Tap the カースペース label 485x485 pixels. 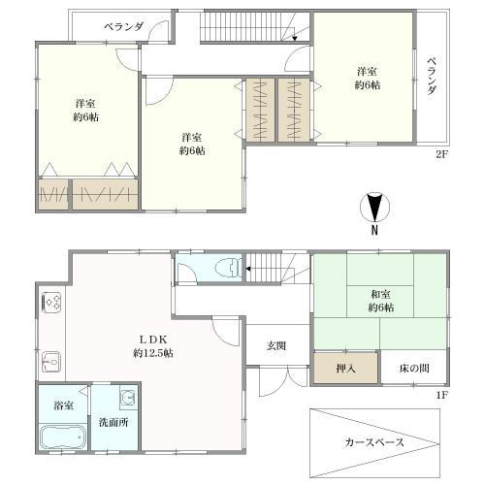point(375,442)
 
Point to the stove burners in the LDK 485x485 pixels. point(50,303)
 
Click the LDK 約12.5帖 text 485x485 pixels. point(154,345)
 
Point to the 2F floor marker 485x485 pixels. point(441,153)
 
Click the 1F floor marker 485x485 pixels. point(441,395)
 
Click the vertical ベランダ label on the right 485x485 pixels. point(430,76)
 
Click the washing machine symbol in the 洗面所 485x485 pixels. point(127,398)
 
